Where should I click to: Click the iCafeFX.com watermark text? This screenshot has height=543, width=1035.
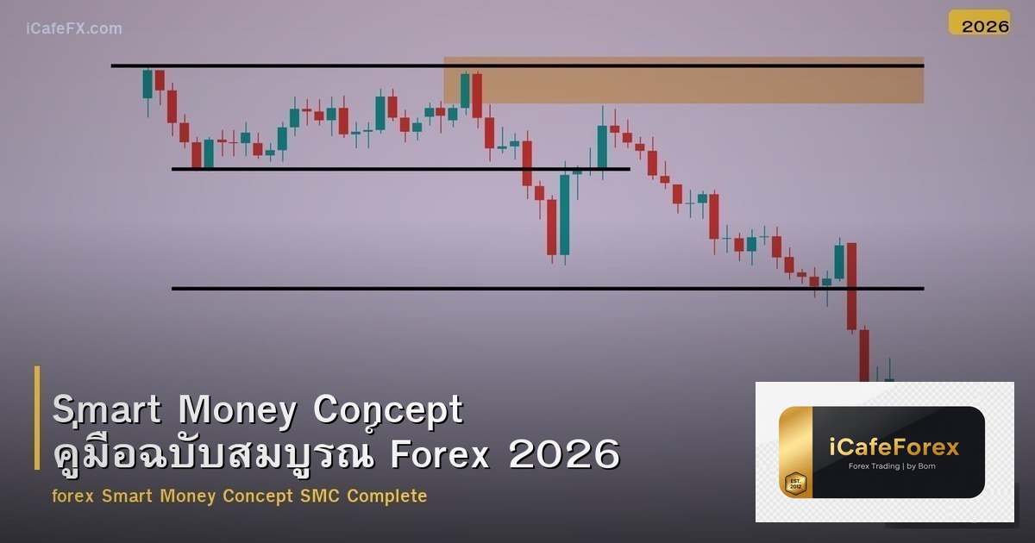[73, 28]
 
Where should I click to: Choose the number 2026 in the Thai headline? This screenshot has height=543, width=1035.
[564, 454]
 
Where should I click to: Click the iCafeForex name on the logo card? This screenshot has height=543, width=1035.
[894, 447]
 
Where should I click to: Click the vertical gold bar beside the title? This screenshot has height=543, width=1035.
[37, 418]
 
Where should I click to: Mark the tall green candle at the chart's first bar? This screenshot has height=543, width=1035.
[147, 84]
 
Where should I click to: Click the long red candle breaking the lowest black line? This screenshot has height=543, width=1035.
[851, 286]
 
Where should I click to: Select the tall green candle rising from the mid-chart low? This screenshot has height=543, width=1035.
[565, 215]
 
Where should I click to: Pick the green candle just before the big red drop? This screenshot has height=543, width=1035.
[839, 262]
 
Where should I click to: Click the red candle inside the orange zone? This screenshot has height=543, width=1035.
[477, 95]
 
